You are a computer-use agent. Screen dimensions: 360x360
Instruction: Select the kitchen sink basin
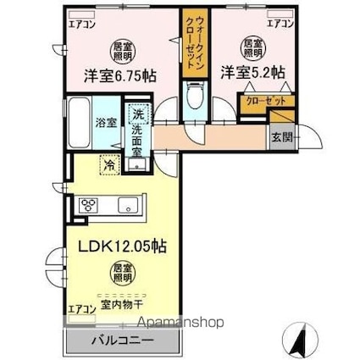[130, 205]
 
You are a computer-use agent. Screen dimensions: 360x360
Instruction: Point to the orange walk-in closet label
[193, 42]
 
